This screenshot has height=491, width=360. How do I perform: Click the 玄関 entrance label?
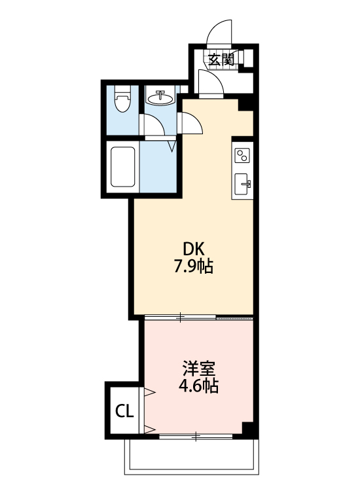click(x=221, y=59)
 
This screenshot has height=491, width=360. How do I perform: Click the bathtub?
click(x=122, y=168)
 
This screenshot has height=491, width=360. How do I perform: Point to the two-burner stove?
click(x=242, y=156)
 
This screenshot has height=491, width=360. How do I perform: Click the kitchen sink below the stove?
click(x=242, y=183)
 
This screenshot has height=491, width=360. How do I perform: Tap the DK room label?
click(x=194, y=249)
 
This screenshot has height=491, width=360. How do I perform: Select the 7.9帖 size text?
click(x=194, y=267)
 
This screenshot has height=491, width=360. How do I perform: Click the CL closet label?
click(x=124, y=411)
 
